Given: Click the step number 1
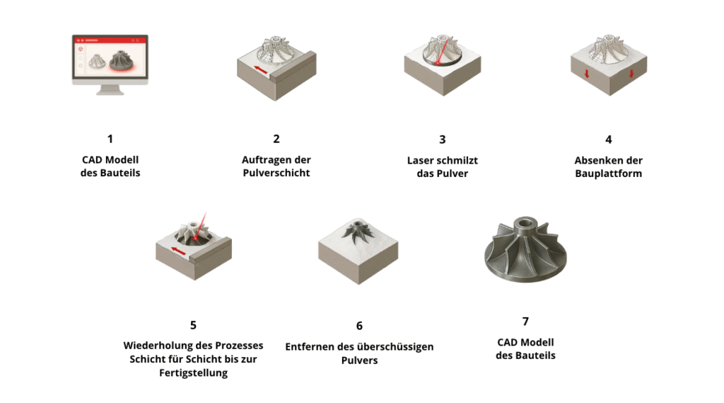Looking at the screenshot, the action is coord(110,139).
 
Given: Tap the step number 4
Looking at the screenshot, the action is coord(609,140).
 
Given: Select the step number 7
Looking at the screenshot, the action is coord(525,322).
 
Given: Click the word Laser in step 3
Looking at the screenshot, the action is coord(419,161).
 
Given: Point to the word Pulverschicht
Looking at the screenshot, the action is coord(276,173).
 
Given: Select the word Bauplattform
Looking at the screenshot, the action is coord(609,174).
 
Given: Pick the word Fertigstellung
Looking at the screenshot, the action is coord(194,373).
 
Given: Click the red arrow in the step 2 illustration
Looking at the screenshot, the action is coord(260,70).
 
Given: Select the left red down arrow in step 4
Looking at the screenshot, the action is coord(587,74).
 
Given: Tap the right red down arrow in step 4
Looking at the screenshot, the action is coord(631,74).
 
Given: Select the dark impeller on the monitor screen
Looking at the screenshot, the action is coord(122,61).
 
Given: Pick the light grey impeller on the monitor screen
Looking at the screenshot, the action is coord(97,62).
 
